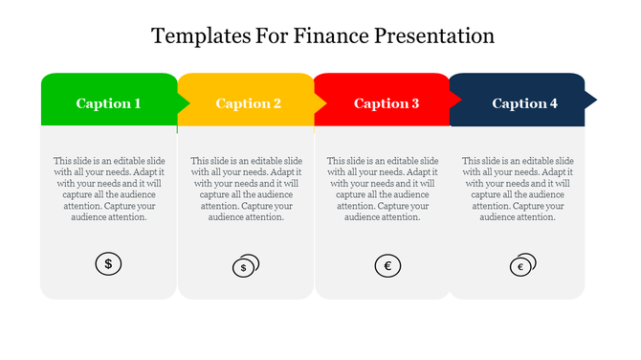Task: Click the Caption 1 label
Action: click(x=108, y=103)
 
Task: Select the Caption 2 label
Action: click(x=248, y=103)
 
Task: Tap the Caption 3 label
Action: click(x=387, y=103)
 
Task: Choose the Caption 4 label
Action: click(x=524, y=103)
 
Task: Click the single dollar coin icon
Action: click(x=108, y=263)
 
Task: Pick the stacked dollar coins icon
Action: click(x=246, y=265)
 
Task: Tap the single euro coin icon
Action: click(x=387, y=265)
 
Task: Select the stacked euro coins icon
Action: click(x=522, y=265)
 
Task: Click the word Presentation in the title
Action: click(x=434, y=37)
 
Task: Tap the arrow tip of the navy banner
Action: click(x=590, y=99)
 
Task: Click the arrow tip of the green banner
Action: click(x=184, y=99)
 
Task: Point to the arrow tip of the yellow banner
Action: click(x=320, y=99)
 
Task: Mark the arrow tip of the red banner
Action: click(x=455, y=99)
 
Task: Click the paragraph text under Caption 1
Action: click(x=108, y=189)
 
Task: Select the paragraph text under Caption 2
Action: click(x=246, y=189)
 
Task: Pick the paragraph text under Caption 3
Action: click(x=383, y=189)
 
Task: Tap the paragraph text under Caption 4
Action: click(x=518, y=189)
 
